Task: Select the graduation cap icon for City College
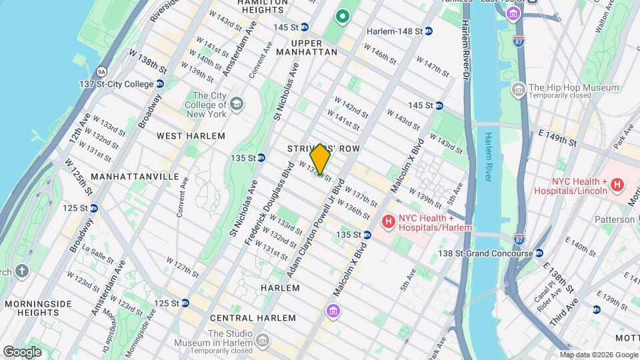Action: [237, 105]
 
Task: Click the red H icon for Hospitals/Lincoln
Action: [617, 185]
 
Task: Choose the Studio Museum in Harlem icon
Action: [263, 341]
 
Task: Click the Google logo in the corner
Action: [22, 351]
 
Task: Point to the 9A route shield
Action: [101, 70]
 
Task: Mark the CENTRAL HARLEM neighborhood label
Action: [243, 319]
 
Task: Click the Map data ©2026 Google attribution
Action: [598, 355]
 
